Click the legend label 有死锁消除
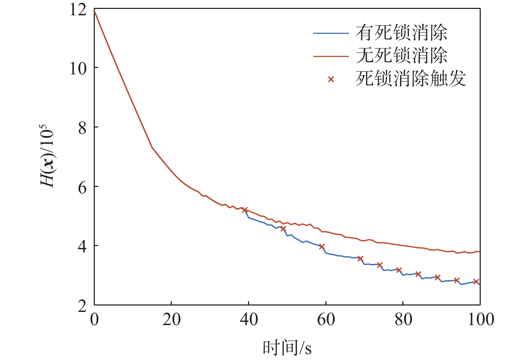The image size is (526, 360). click(402, 33)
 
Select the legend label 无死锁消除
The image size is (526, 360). click(402, 56)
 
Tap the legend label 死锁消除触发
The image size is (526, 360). click(411, 79)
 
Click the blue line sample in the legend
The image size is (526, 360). click(331, 33)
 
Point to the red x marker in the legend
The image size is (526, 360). click(331, 79)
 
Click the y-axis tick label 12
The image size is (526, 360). click(78, 10)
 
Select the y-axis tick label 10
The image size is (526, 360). click(78, 68)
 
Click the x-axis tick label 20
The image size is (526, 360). click(171, 319)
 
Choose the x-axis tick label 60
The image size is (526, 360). click(326, 319)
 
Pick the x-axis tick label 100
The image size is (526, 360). click(480, 319)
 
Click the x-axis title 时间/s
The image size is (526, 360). click(287, 348)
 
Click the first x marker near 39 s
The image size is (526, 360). click(245, 210)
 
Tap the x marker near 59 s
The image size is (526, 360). click(322, 246)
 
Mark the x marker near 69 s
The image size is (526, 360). click(360, 259)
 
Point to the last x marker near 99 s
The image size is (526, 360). click(476, 281)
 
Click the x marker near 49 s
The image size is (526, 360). click(283, 229)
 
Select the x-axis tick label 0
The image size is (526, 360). click(94, 319)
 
